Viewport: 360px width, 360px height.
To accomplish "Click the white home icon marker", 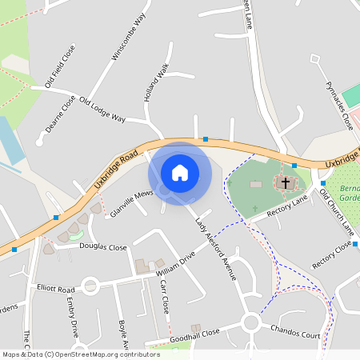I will click(180, 173).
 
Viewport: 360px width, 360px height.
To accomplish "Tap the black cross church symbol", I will click(285, 183).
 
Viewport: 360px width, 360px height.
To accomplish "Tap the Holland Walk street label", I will click(157, 83).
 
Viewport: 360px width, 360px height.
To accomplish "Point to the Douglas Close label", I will click(102, 247).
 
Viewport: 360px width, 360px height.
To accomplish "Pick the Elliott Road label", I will click(55, 288).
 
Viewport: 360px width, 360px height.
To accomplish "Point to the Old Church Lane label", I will click(336, 212).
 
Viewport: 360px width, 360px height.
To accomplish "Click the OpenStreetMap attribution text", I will click(80, 354).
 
